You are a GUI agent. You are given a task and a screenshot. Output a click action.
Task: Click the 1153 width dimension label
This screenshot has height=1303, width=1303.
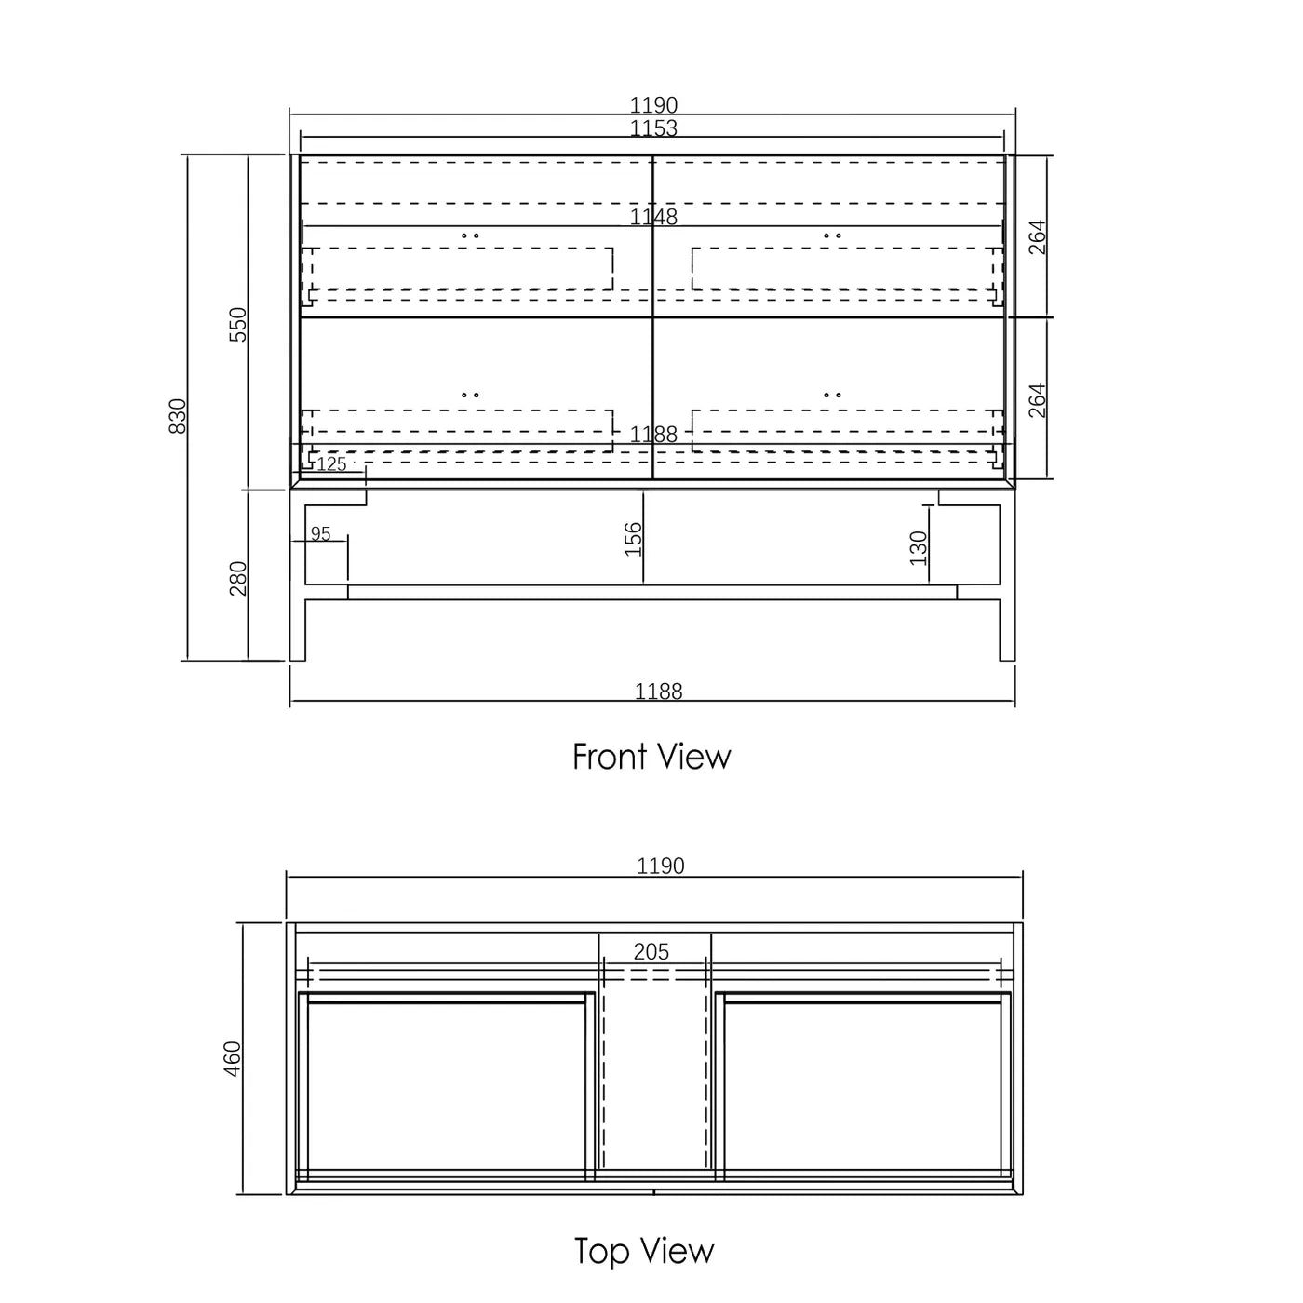653,128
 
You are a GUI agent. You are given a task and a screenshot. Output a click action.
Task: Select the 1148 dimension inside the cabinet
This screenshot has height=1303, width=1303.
653,217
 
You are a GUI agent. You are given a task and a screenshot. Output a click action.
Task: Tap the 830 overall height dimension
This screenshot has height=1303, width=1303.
178,415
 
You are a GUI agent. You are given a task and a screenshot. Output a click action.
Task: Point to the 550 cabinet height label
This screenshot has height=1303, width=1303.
238,324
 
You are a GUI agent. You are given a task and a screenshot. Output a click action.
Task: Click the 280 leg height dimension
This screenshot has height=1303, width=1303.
238,578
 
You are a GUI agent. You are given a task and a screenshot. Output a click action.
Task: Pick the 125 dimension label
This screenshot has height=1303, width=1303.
331,463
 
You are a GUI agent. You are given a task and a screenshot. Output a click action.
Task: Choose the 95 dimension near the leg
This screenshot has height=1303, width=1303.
320,534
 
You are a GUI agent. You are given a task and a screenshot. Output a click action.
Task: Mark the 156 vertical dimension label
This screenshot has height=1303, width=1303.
633,539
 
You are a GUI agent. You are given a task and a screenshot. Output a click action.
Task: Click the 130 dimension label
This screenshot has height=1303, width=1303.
919,548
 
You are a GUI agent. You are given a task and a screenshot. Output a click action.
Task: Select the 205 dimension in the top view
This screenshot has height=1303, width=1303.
651,952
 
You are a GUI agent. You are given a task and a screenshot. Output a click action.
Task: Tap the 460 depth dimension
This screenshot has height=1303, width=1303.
233,1058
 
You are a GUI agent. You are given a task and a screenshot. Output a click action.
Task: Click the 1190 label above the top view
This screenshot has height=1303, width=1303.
660,866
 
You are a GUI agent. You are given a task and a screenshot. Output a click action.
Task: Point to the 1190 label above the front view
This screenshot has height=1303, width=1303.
653,105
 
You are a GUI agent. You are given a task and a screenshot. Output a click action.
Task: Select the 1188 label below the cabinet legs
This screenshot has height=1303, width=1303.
658,692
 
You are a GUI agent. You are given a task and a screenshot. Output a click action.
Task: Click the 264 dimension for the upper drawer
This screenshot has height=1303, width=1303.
1037,237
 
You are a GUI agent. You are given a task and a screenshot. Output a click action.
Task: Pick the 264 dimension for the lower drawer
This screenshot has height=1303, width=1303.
1037,400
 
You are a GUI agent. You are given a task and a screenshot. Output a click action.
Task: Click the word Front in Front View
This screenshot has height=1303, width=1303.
609,757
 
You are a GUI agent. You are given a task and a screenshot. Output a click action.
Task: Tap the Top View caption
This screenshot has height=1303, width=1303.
644,1251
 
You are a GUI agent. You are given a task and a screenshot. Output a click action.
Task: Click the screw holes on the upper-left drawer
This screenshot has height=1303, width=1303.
471,235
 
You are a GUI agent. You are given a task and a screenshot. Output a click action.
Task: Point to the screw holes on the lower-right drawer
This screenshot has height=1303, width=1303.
832,395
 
